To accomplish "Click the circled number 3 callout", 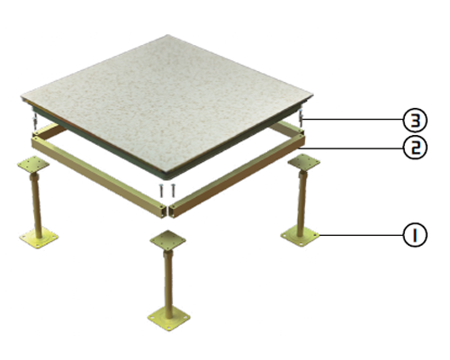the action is tap(415, 121).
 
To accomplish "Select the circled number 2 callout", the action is tap(415, 148).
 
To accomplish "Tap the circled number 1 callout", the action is tap(415, 235).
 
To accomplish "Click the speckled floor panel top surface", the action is tap(167, 102).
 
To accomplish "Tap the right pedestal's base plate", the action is tap(300, 236).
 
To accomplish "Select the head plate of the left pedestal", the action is tap(33, 165).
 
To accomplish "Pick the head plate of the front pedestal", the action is tap(168, 239).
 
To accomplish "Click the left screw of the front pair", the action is tap(161, 190).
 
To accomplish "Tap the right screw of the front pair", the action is tap(172, 190).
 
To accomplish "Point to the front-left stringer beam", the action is tap(99, 176).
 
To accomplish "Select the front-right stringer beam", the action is tap(237, 176).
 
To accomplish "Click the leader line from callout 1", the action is tap(362, 235).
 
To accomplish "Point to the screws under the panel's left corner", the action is tap(36, 120).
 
